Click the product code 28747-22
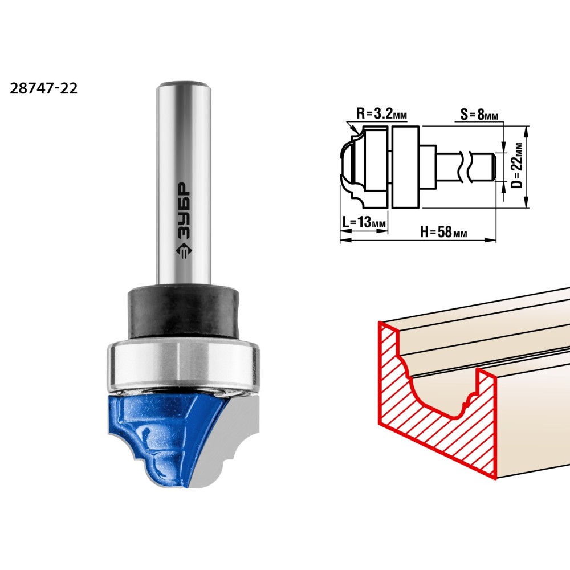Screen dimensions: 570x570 point(44,88)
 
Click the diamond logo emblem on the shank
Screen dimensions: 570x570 point(184,251)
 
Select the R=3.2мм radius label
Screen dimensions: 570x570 point(382,114)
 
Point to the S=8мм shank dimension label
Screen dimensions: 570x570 point(479,115)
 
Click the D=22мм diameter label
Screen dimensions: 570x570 point(516,165)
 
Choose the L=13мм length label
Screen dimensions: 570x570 point(364,222)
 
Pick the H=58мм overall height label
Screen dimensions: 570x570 point(443,231)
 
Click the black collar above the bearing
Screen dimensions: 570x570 point(184,312)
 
